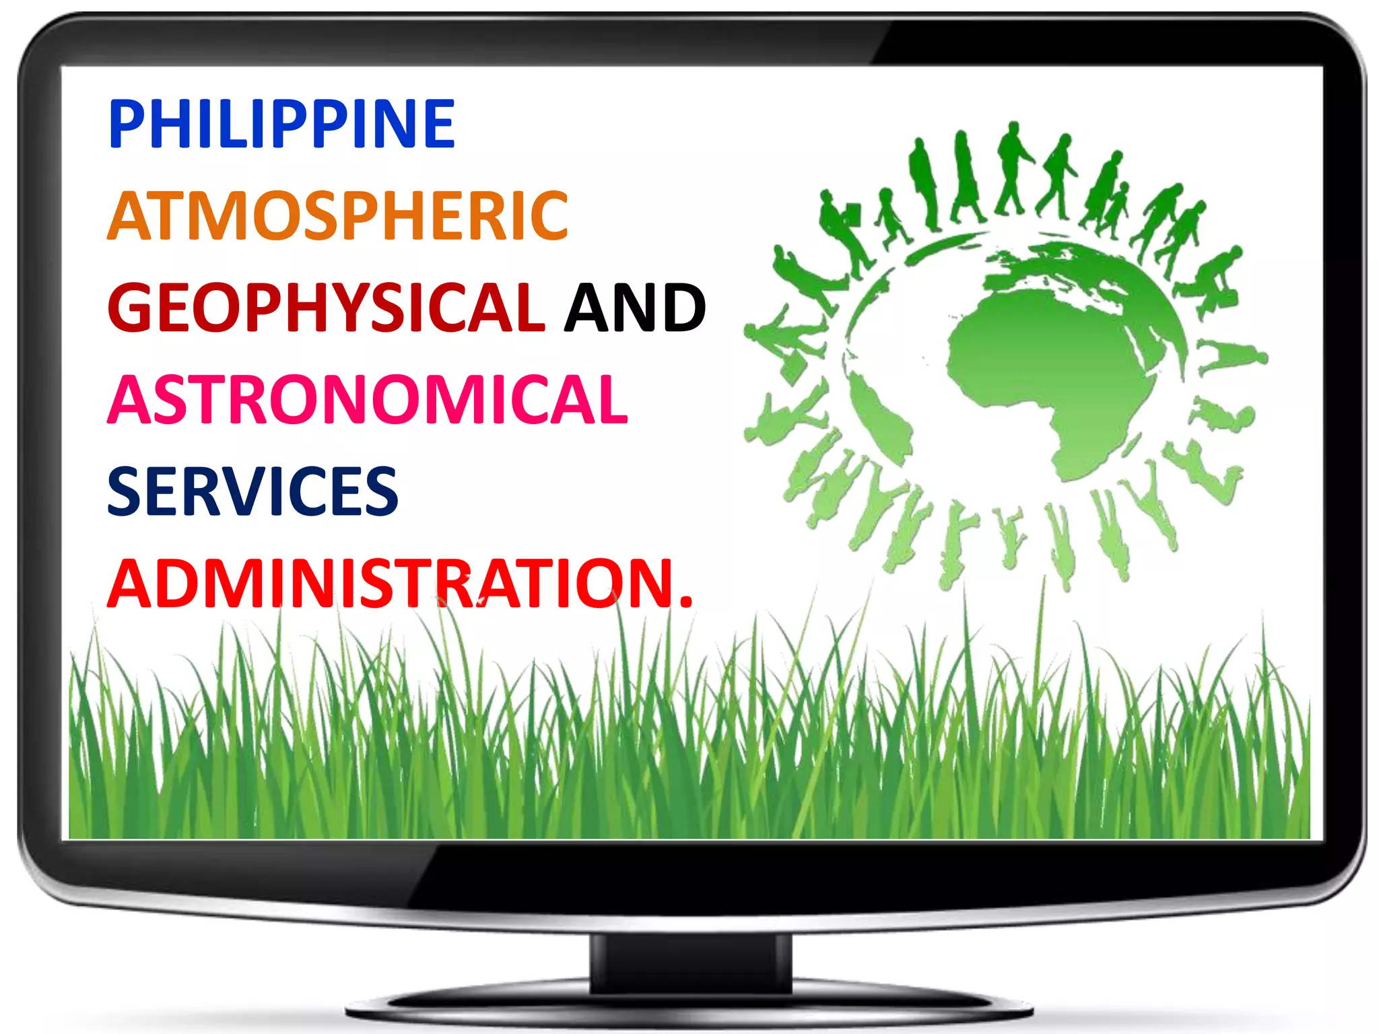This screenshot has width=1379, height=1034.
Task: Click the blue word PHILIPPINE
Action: (x=281, y=124)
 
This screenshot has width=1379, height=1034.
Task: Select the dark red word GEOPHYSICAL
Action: (x=326, y=308)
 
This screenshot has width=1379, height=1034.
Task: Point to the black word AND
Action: (x=634, y=308)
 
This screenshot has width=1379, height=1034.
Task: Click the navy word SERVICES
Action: (x=253, y=491)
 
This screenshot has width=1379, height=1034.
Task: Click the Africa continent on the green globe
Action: (x=1050, y=377)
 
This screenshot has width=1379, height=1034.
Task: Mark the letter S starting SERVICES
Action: (x=125, y=491)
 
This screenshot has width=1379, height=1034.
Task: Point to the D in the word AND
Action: (x=681, y=308)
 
